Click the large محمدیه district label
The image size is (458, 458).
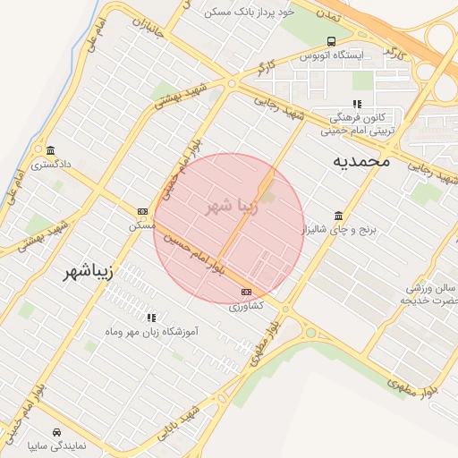click(x=361, y=161)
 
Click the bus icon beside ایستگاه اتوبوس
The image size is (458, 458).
click(x=332, y=41)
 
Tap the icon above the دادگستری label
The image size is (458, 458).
click(x=51, y=150)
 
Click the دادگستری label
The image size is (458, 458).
click(x=51, y=165)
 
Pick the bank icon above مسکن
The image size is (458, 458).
click(x=143, y=211)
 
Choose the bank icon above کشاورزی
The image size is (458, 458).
click(x=246, y=292)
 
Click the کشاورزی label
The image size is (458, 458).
click(x=245, y=306)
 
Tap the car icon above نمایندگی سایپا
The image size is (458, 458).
click(x=57, y=430)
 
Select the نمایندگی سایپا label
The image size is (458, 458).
click(x=57, y=444)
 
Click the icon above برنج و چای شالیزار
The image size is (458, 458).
click(x=337, y=216)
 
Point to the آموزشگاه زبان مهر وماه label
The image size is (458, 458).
click(x=152, y=331)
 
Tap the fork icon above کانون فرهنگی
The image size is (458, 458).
click(x=357, y=104)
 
